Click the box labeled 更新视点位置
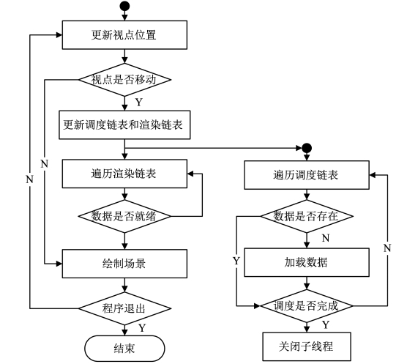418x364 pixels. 124,35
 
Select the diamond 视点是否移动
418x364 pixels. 124,80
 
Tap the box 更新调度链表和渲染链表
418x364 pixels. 124,125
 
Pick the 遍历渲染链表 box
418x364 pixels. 124,174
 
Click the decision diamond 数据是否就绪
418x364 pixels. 124,216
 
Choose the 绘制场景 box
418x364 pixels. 124,264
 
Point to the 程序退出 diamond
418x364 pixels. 124,308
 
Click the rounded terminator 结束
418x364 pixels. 124,349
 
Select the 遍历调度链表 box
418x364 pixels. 307,175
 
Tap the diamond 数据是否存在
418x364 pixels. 307,216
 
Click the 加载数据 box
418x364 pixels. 307,262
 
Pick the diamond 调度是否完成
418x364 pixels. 307,306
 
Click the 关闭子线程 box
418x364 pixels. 307,346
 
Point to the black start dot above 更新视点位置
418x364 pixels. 124,6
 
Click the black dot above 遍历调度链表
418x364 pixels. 307,148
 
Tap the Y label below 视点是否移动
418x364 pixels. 139,102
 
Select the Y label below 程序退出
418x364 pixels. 142,328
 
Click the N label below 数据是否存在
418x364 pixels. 326,238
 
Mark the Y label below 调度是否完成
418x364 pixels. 326,324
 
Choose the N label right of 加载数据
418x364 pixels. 387,248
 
